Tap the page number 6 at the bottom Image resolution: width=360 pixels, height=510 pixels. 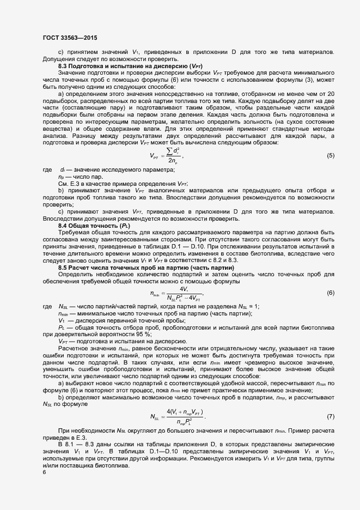coord(44,472)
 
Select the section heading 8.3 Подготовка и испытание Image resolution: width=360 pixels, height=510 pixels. coord(131,65)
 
